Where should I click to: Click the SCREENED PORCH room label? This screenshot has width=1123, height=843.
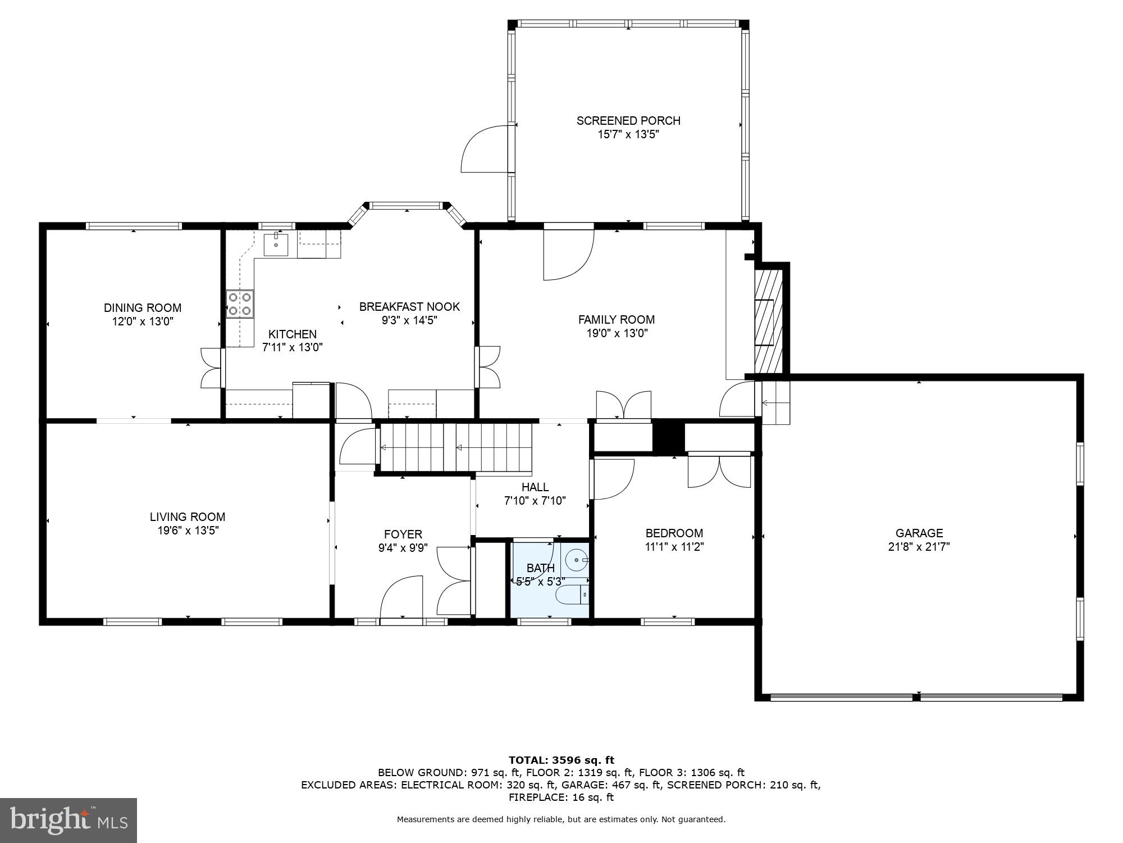[x=628, y=121]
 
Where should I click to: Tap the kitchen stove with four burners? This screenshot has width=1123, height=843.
[x=240, y=304]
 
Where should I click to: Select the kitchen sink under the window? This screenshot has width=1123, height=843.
[x=276, y=244]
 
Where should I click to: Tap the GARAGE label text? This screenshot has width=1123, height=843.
[x=919, y=533]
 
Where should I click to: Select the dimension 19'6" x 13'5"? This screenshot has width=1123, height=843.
[x=188, y=530]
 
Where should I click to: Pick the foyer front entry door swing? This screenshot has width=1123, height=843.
[x=401, y=597]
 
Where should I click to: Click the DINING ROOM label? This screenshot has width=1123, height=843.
[x=143, y=308]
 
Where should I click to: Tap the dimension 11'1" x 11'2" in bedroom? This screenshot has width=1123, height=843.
[x=674, y=546]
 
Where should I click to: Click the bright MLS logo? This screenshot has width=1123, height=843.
[x=69, y=821]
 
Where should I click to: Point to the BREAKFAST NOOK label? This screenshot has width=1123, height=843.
[x=409, y=307]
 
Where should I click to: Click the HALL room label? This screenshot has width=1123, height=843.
[x=535, y=487]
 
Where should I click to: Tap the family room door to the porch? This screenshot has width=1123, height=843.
[x=568, y=253]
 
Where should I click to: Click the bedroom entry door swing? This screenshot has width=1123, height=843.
[x=613, y=479]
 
